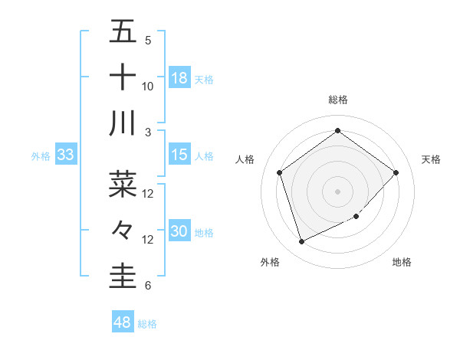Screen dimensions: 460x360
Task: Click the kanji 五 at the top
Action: (x=123, y=32)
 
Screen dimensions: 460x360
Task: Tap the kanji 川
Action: (x=123, y=123)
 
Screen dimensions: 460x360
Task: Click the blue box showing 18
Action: (x=179, y=78)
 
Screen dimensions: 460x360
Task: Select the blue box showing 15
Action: (x=179, y=155)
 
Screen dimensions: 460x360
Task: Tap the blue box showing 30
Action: (x=179, y=231)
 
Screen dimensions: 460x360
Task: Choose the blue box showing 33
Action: (x=65, y=155)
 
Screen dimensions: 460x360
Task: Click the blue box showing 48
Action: (x=123, y=322)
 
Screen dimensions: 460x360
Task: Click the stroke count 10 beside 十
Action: (x=148, y=87)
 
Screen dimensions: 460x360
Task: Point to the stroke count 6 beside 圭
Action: (x=147, y=286)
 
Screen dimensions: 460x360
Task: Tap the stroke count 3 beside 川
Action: (x=147, y=132)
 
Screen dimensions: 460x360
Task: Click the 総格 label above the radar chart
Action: (x=337, y=100)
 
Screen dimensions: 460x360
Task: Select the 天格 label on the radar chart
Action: (x=432, y=159)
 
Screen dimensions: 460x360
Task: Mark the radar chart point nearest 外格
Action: (x=301, y=242)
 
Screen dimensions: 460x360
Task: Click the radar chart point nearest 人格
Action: (x=279, y=172)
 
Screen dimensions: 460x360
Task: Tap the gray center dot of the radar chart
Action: (x=337, y=191)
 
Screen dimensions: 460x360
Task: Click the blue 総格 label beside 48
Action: (x=148, y=324)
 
